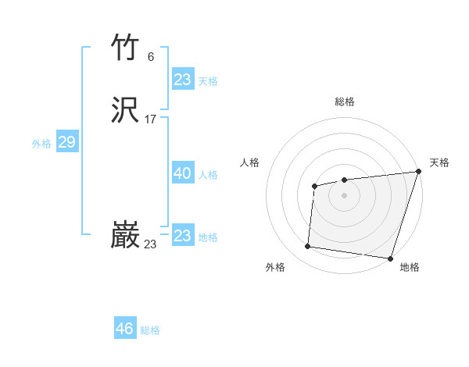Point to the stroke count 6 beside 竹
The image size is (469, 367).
[x=151, y=56]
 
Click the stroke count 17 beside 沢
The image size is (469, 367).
[x=151, y=119]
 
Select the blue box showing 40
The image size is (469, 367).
[x=183, y=174]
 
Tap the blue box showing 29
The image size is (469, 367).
[x=66, y=142]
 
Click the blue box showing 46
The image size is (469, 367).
[x=125, y=329]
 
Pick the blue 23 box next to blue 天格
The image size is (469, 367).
[x=183, y=80]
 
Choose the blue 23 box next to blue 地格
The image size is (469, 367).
[x=183, y=236]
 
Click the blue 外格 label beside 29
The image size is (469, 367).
[x=41, y=144]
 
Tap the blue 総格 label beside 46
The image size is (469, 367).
[x=150, y=330]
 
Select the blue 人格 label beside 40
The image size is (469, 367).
[x=208, y=176]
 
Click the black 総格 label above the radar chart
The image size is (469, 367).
[x=345, y=102]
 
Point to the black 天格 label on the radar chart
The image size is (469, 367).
[x=439, y=162]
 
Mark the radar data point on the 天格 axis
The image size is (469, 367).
[x=419, y=171]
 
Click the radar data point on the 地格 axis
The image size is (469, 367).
[x=390, y=258]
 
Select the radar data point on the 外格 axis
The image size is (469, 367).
[x=308, y=247]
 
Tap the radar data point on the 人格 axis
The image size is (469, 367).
[x=314, y=186]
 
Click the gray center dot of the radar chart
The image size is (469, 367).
[x=344, y=194]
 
